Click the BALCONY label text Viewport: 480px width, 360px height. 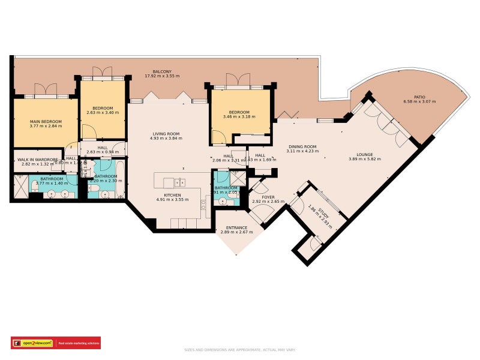pos(162,71)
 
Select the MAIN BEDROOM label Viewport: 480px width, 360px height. pos(46,121)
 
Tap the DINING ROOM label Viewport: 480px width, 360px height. pos(302,146)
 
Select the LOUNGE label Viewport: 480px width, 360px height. pos(365,154)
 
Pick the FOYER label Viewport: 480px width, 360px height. pos(268,197)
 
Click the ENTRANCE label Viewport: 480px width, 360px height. pos(236,227)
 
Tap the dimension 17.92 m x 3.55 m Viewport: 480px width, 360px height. pos(162,76)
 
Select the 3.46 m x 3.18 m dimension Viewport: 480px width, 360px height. pos(239,116)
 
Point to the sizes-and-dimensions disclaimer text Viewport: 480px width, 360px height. pos(240,350)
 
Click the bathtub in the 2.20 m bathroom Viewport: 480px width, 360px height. pos(121,179)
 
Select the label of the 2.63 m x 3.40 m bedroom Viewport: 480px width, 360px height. pos(103,108)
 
